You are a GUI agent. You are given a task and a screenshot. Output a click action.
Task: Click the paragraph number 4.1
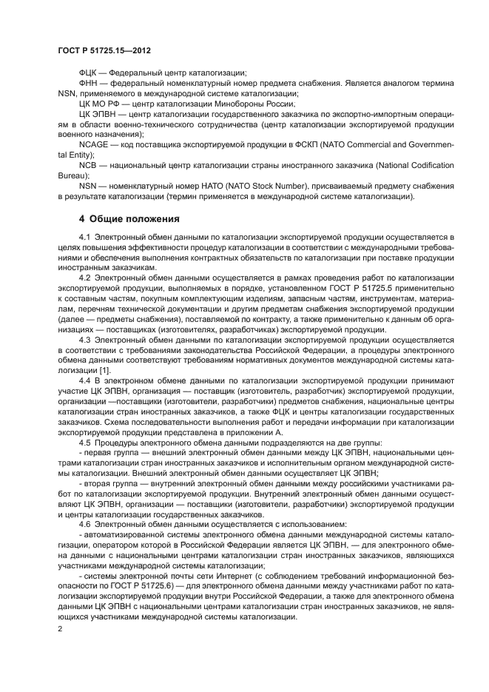pyautogui.click(x=87, y=235)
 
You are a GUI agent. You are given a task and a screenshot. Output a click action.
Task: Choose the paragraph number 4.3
pyautogui.click(x=87, y=339)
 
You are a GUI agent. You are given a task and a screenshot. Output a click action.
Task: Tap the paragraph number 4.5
pyautogui.click(x=87, y=443)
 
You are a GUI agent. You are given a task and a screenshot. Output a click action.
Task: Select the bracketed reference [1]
pyautogui.click(x=106, y=369)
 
